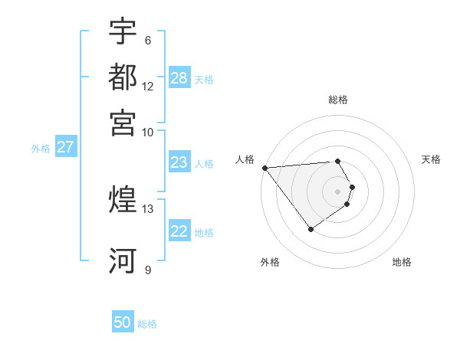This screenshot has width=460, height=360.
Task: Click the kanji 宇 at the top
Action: coord(123,31)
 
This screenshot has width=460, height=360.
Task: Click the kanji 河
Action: coord(123,260)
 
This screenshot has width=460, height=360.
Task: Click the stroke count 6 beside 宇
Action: coord(147,41)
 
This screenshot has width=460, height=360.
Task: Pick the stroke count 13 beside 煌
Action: coord(148,208)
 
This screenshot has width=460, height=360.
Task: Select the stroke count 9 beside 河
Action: coord(147,270)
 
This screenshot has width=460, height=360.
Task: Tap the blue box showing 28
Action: coord(179,78)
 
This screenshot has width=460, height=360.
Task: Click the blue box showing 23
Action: coord(179,162)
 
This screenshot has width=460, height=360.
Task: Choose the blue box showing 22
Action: coord(179,231)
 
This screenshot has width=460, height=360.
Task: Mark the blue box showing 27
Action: coord(65,147)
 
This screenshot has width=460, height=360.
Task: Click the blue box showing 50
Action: coord(123,322)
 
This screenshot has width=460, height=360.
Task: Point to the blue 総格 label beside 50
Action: coord(147,324)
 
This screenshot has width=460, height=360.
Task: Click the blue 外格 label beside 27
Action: coord(40,149)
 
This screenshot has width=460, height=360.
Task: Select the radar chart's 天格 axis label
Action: coord(431,159)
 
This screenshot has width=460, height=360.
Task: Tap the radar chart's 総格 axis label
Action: coord(338,100)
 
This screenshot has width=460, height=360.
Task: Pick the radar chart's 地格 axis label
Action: coord(402,262)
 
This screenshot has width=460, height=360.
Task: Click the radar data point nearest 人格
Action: coord(264,168)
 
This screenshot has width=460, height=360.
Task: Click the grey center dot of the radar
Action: coord(338,191)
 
